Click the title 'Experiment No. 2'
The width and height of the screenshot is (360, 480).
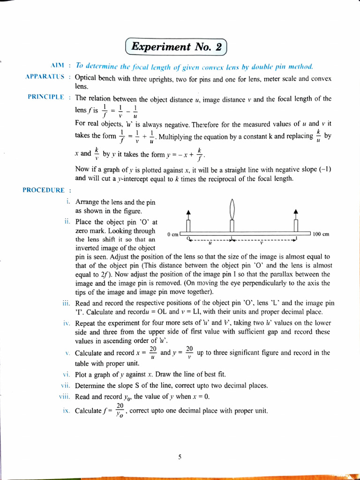tap(176, 47)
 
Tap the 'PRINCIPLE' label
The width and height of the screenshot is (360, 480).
tap(45, 97)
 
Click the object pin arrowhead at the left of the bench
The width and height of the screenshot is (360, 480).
tap(188, 212)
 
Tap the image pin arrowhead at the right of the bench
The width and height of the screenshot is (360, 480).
tap(295, 212)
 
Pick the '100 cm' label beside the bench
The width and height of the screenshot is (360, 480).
tap(322, 234)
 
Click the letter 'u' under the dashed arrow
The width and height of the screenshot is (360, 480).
tap(210, 243)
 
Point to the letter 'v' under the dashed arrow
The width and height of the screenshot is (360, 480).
tap(262, 243)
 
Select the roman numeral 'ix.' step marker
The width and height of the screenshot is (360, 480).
tap(66, 411)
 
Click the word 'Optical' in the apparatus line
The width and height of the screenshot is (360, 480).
tap(85, 77)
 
